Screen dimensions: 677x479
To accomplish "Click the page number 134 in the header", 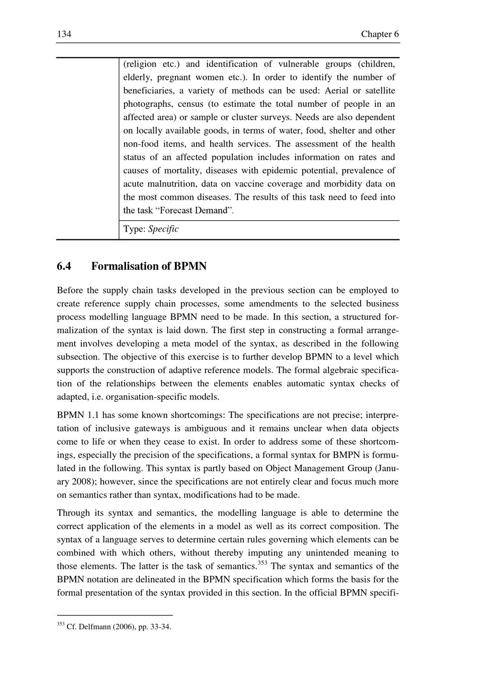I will [x=64, y=34].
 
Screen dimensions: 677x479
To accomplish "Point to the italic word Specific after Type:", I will [x=163, y=229].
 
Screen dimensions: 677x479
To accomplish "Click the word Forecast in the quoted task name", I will [x=174, y=210].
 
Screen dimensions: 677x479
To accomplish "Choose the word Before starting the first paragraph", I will [x=71, y=290].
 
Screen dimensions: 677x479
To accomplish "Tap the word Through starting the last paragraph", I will [x=73, y=513].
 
